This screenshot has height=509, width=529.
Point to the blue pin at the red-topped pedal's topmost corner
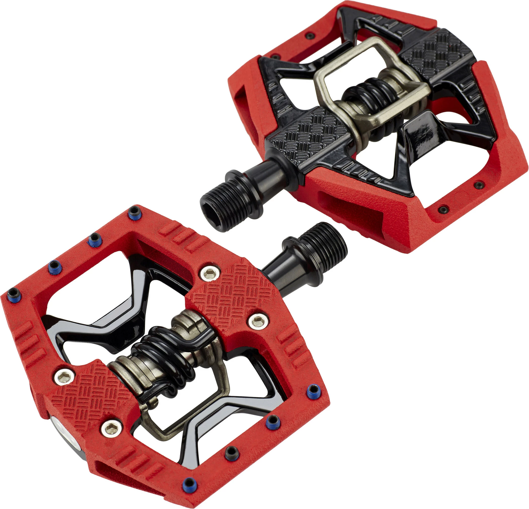coord(133,210)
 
